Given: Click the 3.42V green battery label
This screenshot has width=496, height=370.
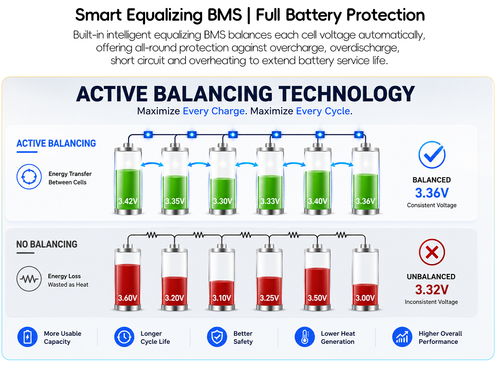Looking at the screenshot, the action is click(128, 201).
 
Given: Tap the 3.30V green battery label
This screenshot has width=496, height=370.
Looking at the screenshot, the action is click(222, 201).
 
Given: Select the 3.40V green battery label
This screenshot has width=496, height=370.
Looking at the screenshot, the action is click(317, 201).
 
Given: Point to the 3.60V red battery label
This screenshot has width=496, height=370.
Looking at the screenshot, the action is click(127, 298).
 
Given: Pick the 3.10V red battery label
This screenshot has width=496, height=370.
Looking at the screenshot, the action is click(222, 298).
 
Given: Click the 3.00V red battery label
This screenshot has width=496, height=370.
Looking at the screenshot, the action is click(365, 298).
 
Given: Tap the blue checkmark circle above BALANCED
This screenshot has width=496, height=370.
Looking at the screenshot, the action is click(432, 154).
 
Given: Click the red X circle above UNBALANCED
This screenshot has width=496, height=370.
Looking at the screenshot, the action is click(432, 252).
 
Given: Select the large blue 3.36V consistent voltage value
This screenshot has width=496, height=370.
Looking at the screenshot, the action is click(432, 193).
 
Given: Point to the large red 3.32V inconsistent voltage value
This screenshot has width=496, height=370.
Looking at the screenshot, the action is click(432, 289).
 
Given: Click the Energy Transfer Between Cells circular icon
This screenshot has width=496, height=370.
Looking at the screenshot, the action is click(29, 176).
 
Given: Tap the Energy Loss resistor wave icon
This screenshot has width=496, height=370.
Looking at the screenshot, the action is click(29, 279).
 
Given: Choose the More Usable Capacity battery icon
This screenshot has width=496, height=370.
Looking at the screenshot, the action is click(27, 336).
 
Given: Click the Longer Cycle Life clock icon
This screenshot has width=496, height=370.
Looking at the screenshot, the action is click(124, 336).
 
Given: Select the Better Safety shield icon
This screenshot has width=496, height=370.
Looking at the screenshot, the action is click(217, 336).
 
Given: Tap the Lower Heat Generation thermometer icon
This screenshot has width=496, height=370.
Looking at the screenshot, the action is click(305, 336).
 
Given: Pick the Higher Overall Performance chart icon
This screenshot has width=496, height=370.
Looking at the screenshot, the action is click(402, 336).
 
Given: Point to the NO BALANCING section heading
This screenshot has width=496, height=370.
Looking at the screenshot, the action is click(47, 244).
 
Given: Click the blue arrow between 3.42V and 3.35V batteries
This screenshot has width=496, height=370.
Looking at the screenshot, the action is click(152, 163).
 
